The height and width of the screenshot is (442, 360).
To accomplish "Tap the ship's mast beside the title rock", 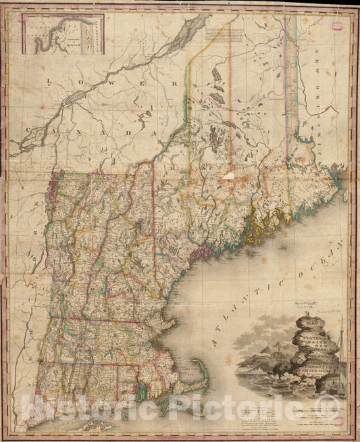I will [342, 351].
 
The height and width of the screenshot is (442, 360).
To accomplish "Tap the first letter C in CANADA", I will [29, 128].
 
